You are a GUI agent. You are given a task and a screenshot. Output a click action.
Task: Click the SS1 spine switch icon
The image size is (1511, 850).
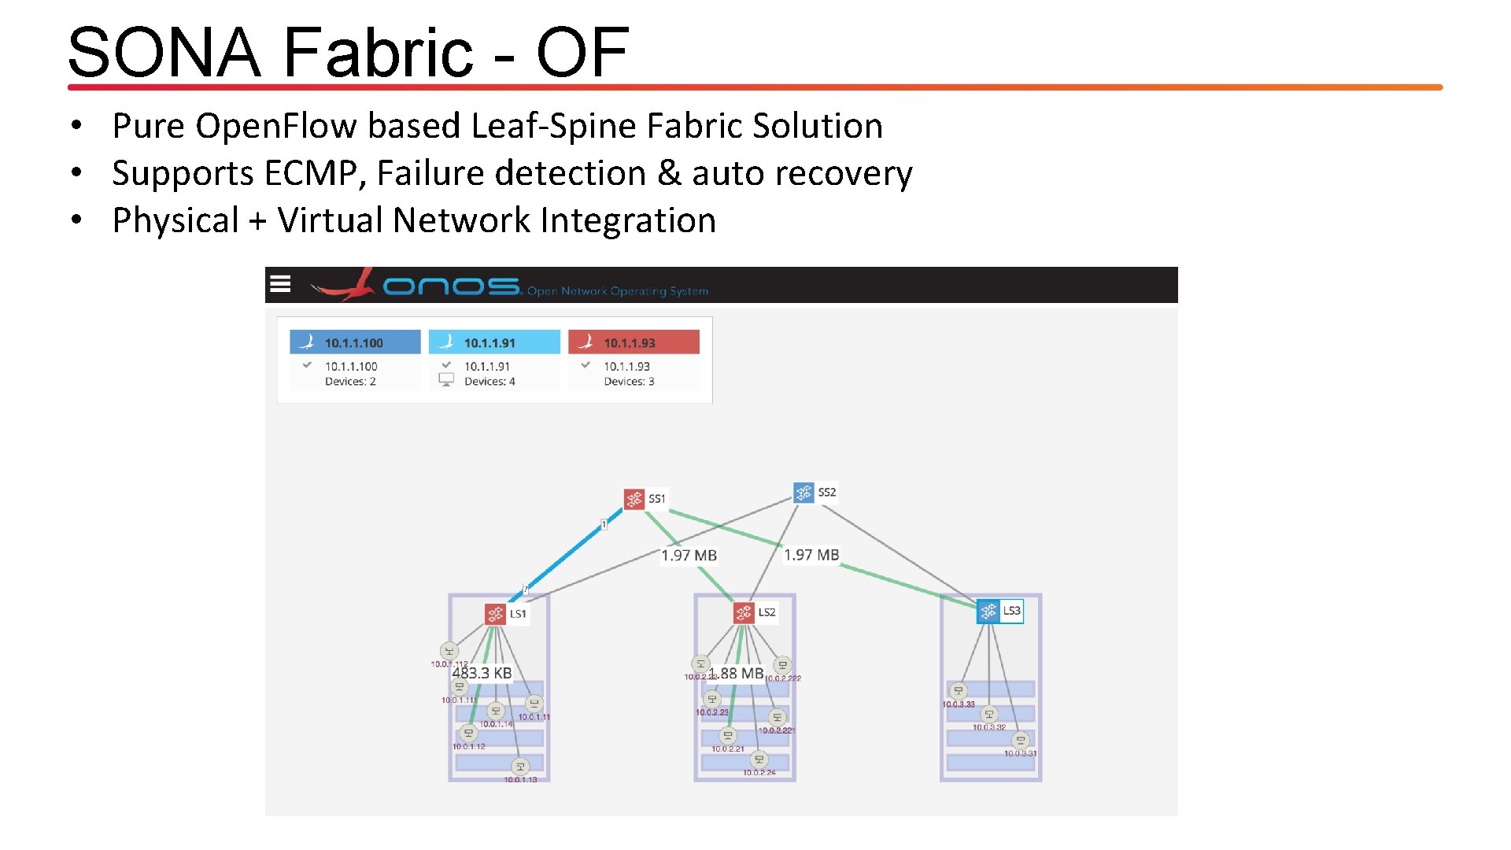634,499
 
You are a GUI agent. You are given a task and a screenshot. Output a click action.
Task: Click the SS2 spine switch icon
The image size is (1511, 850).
803,493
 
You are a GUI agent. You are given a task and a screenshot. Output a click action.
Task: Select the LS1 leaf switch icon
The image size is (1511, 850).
495,614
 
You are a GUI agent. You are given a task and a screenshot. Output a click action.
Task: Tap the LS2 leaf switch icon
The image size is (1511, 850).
744,612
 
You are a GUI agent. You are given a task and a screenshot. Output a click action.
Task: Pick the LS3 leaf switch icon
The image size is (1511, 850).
988,612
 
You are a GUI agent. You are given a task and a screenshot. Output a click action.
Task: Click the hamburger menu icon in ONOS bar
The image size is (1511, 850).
280,284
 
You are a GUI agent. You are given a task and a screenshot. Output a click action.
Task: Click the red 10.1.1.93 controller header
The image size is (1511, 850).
634,342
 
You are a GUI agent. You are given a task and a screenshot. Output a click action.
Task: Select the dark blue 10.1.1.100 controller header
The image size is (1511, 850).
355,342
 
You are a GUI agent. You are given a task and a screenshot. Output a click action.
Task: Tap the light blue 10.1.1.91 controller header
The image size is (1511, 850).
494,342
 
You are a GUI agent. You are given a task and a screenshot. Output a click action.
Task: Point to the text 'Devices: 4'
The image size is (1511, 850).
490,382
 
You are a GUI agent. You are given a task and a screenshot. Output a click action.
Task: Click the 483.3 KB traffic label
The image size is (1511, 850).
482,673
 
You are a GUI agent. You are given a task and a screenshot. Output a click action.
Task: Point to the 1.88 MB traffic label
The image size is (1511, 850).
737,674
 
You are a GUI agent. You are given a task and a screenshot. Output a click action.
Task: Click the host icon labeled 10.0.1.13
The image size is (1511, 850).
520,766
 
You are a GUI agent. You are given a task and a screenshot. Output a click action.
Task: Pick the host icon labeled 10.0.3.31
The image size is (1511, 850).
1021,741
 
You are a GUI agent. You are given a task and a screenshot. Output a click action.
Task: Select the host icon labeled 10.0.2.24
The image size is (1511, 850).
759,759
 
